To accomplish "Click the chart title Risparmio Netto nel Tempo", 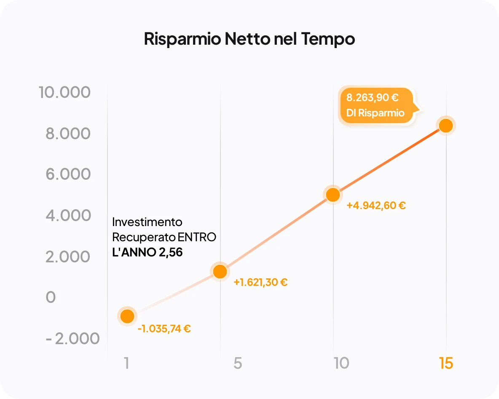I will [x=249, y=39].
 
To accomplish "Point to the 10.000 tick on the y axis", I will [x=65, y=92].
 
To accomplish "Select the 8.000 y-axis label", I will [x=68, y=134].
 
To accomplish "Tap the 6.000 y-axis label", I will [x=68, y=174].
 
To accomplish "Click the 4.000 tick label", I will [x=68, y=215].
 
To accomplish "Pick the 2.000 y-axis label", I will [x=68, y=256].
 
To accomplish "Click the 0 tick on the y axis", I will [x=51, y=297].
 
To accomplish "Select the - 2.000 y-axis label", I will [x=73, y=338].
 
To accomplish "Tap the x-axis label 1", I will [x=126, y=363].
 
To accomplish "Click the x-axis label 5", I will [x=238, y=363].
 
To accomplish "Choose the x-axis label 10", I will [x=341, y=363].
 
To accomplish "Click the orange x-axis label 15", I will [x=446, y=363].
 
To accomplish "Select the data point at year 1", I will [x=127, y=316].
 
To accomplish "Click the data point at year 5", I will [x=220, y=271].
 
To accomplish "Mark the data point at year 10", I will [x=333, y=194].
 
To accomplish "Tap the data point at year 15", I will [x=445, y=125].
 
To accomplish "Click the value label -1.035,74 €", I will [x=164, y=329].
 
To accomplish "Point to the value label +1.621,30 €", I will [x=260, y=282].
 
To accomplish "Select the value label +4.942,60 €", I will [x=376, y=206].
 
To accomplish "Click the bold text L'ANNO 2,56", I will [x=148, y=253].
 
